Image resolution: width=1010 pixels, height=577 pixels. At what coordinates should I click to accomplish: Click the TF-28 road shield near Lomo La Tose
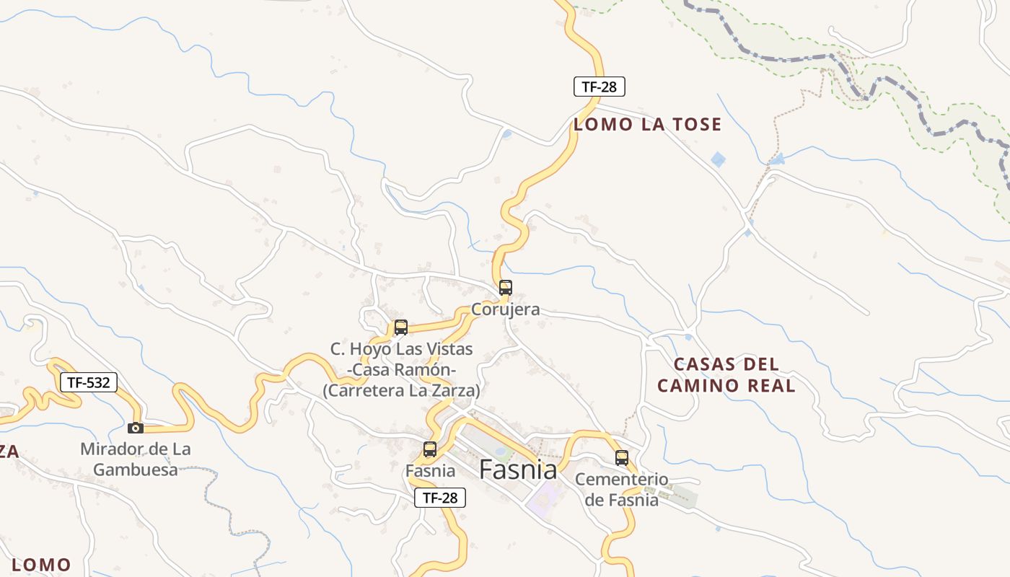click(599, 87)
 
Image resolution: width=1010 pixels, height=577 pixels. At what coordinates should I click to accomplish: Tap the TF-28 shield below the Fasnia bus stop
click(440, 497)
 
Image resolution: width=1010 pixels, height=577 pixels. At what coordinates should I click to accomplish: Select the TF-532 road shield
click(88, 382)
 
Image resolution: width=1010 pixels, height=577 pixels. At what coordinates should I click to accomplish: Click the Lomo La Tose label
click(647, 125)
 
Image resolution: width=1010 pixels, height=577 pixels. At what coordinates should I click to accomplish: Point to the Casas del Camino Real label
click(726, 374)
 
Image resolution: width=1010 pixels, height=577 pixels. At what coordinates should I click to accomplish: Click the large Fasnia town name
click(518, 470)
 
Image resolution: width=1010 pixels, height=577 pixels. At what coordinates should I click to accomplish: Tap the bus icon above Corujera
click(506, 288)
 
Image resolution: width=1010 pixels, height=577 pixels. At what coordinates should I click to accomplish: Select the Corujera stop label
click(505, 309)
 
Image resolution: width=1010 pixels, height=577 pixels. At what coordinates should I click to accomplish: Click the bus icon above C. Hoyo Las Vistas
click(401, 327)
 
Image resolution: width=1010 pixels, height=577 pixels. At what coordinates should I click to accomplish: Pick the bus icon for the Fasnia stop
click(430, 449)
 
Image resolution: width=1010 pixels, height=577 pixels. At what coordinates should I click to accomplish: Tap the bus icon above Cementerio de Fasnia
click(622, 457)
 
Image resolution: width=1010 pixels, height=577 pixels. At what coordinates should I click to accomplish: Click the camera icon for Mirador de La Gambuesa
click(136, 428)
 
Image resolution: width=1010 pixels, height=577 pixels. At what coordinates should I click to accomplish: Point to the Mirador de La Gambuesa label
click(136, 459)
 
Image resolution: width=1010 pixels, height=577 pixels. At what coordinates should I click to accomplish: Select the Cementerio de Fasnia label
click(622, 489)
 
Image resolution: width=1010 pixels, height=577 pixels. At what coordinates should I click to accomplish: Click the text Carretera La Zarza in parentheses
click(401, 390)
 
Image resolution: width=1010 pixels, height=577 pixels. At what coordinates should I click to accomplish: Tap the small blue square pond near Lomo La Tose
click(718, 159)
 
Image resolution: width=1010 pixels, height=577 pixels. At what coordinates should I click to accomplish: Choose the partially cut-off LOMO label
click(42, 565)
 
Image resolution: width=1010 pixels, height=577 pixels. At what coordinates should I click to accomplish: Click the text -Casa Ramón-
click(401, 370)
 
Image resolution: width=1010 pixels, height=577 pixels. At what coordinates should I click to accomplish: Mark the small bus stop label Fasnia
click(430, 471)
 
